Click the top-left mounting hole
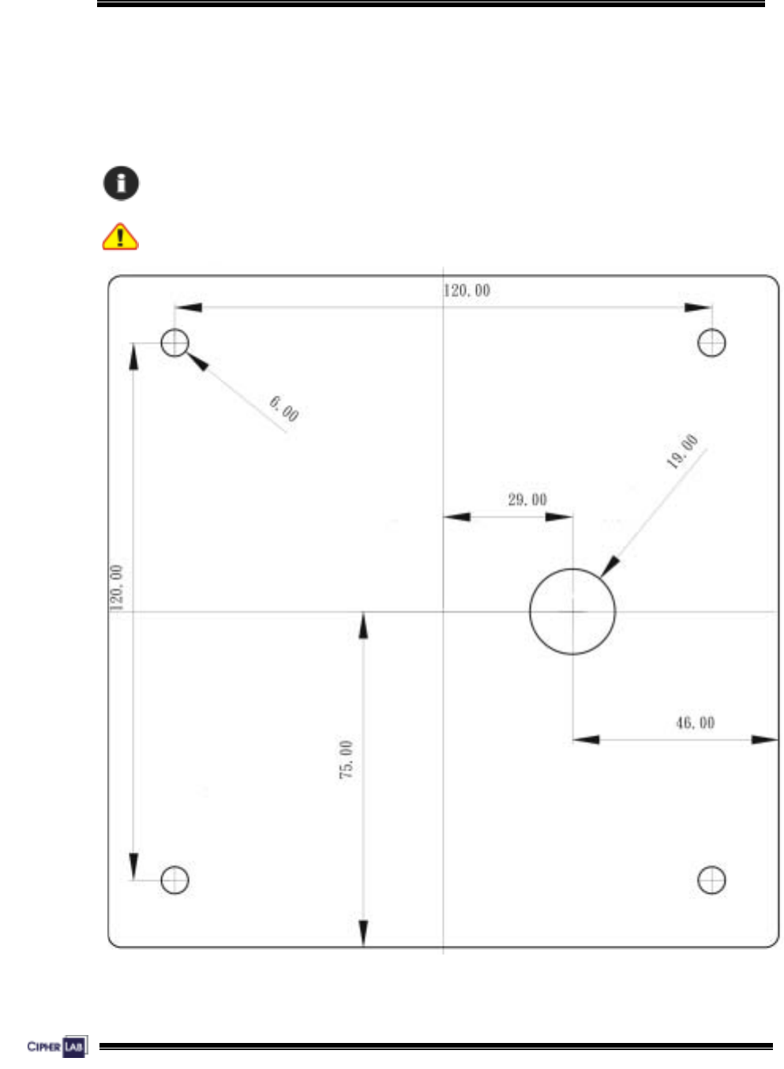174,343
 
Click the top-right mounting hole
712,343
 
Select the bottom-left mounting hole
174,880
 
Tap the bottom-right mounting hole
712,880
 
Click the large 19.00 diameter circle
572,611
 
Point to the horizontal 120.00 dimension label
467,291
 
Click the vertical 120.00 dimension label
116,587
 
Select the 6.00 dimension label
284,408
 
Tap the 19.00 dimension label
682,452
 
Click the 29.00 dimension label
527,500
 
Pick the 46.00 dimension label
696,722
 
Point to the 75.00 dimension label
346,760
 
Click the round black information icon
121,183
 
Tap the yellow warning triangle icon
120,236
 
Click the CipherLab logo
56,1047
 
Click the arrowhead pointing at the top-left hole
197,361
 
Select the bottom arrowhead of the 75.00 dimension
363,933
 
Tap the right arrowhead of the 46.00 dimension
764,740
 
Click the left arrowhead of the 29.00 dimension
457,517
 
